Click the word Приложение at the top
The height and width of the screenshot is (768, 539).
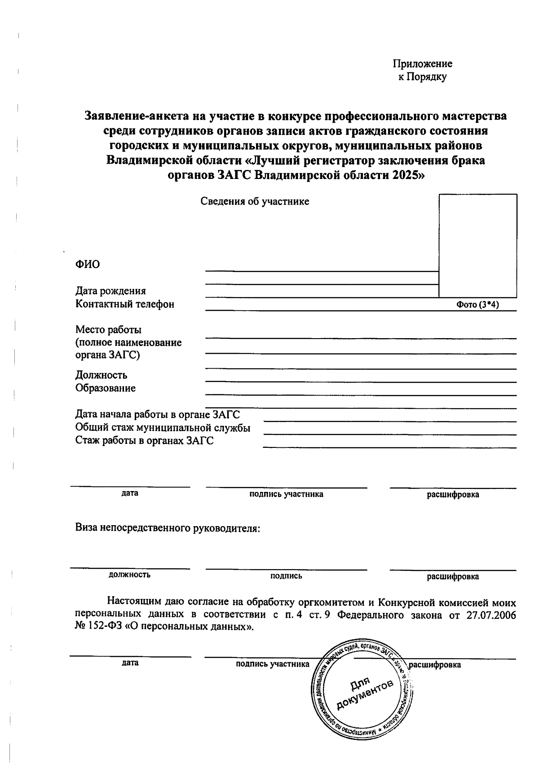422,64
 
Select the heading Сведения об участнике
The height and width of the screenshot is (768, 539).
255,201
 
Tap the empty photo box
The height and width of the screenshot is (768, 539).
477,245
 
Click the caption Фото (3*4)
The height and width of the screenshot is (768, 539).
477,305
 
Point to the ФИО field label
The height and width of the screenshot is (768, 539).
88,264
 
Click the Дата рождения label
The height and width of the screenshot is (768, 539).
110,291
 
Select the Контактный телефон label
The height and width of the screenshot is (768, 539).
125,304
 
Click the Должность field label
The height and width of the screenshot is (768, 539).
101,375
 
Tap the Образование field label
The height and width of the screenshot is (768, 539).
106,388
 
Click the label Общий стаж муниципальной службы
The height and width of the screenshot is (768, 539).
163,428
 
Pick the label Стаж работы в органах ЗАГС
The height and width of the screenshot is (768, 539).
144,441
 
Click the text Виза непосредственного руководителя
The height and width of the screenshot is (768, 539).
168,528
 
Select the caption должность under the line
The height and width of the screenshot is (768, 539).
129,575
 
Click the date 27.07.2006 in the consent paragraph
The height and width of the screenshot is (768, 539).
491,615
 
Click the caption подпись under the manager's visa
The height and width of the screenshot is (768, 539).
286,576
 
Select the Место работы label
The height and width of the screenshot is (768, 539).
109,330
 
